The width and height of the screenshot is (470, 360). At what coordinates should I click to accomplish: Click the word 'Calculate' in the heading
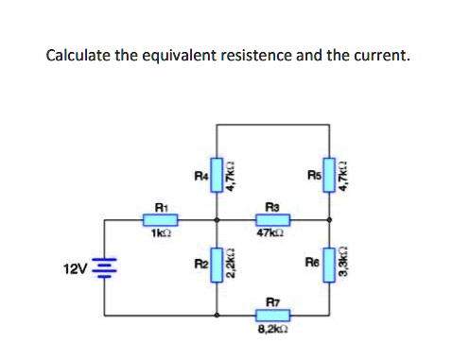(79, 55)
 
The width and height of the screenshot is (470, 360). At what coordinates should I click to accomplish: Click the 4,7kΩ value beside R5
(346, 176)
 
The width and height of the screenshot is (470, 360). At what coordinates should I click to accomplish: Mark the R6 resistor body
(331, 263)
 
